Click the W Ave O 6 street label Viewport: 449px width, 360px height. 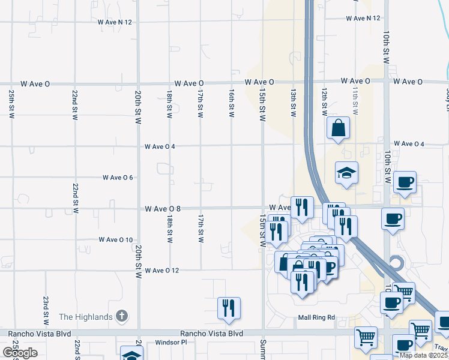[118, 178]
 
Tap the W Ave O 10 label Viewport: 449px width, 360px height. [116, 240]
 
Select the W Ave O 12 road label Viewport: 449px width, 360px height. [162, 271]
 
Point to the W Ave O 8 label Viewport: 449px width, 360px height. [163, 209]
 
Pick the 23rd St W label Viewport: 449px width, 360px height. [46, 307]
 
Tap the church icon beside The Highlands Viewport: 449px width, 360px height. [122, 316]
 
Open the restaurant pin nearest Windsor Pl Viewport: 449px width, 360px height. [229, 308]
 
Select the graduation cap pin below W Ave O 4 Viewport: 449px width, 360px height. [346, 173]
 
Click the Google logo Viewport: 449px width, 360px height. [20, 353]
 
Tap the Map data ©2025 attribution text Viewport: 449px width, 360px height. [424, 355]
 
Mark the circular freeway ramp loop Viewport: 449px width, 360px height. [396, 263]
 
